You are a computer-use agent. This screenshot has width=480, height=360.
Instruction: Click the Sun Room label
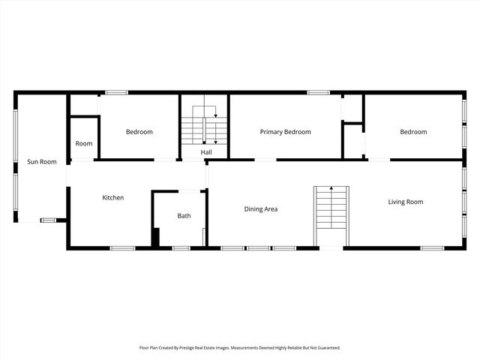42,161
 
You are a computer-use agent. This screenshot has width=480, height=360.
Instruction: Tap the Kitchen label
113,198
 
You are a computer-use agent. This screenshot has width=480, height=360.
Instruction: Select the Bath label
184,216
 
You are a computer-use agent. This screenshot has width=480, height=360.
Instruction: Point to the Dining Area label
261,209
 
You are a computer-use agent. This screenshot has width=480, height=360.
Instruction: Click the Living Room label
406,202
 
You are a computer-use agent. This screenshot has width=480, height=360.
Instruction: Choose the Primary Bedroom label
285,132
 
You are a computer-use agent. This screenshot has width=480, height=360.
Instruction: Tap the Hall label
205,152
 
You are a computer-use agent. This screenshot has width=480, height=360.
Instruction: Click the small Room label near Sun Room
84,144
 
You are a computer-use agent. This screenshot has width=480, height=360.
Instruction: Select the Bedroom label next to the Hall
139,132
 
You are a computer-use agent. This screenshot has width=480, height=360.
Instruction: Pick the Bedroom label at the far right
413,132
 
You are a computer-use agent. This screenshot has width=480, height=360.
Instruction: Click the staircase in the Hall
204,126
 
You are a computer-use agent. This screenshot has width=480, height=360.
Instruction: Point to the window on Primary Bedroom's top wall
318,92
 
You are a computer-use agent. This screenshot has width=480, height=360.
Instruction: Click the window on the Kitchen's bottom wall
122,247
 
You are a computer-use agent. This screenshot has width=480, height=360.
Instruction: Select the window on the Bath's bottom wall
181,247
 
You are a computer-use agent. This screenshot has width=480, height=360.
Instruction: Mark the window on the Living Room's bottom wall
432,247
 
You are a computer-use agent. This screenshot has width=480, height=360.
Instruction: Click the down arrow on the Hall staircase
216,121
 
